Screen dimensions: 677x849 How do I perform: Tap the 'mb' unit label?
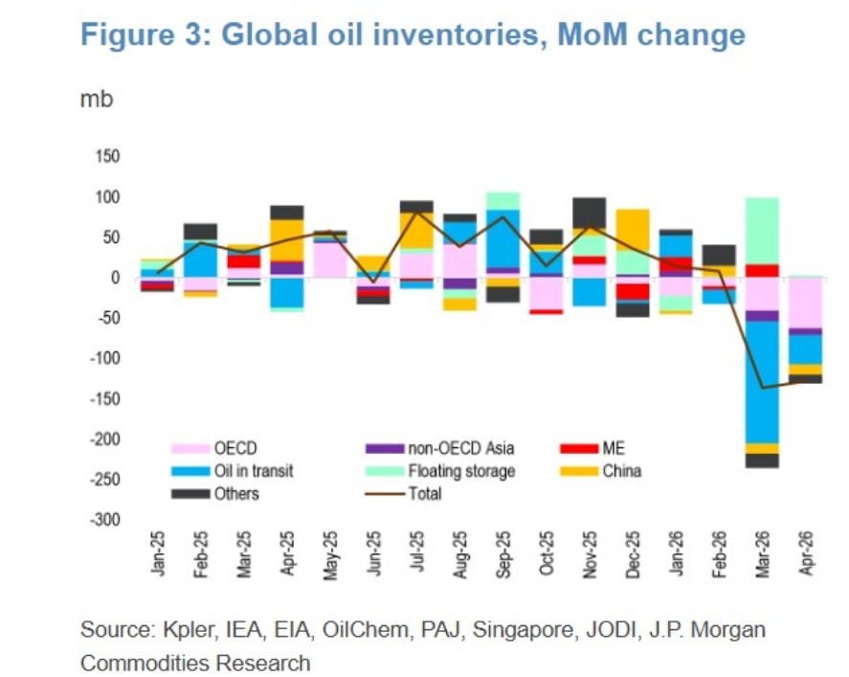pyautogui.click(x=96, y=99)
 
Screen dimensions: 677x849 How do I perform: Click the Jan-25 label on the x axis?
pyautogui.click(x=159, y=554)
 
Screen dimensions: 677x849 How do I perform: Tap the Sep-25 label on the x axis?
pyautogui.click(x=503, y=554)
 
